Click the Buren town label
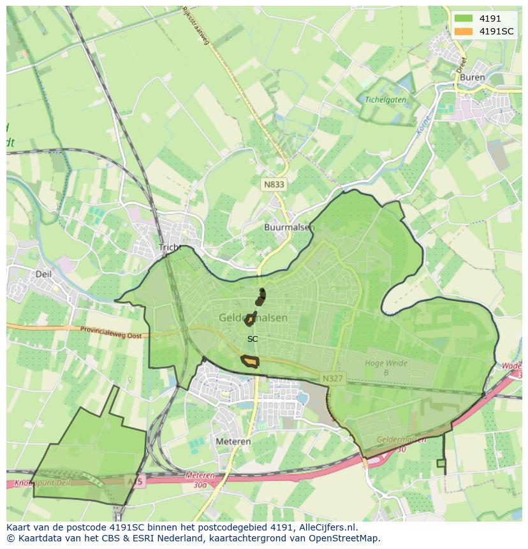(472, 78)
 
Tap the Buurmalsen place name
(287, 227)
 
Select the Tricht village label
(170, 247)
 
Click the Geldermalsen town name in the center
(253, 318)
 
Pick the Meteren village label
(233, 441)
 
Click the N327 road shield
(332, 378)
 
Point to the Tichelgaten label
(385, 99)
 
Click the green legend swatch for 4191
(464, 18)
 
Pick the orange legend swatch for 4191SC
(464, 31)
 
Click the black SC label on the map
(253, 339)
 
